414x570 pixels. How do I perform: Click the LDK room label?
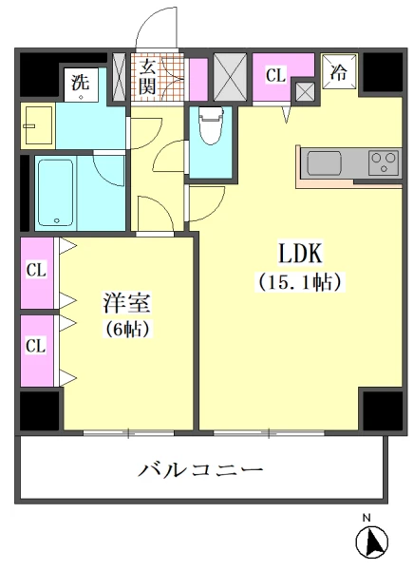tap(302, 254)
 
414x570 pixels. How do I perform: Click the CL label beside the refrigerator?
tap(275, 72)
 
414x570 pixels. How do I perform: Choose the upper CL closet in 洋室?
tap(36, 271)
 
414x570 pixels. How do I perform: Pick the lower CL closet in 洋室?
tap(36, 345)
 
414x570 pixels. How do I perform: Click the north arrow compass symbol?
tap(371, 543)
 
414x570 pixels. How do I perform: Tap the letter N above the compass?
tap(367, 519)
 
